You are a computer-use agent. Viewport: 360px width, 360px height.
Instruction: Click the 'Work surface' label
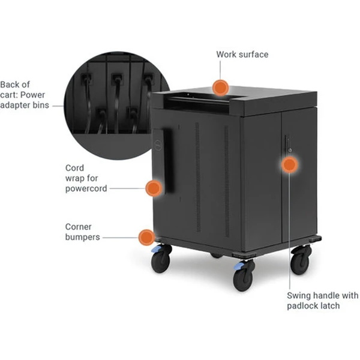pos(242,55)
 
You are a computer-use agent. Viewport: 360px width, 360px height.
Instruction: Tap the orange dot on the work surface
pos(220,88)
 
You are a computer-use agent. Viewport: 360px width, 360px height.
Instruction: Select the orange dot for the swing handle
pos(290,164)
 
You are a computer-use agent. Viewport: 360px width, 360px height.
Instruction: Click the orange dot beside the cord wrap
pos(154,188)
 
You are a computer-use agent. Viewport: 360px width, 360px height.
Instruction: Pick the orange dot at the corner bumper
pos(146,238)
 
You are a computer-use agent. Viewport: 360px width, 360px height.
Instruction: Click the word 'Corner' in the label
pos(78,227)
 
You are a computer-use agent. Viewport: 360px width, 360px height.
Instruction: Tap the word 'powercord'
pos(86,189)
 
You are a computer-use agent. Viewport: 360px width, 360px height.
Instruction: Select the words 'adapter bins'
pos(25,105)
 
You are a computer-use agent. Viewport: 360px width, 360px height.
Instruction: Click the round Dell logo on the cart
pos(157,145)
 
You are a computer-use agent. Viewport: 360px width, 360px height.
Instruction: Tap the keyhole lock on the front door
pos(290,151)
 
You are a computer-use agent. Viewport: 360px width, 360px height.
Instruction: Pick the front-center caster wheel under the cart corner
pos(244,275)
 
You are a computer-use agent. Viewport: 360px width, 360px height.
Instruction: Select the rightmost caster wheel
pos(301,260)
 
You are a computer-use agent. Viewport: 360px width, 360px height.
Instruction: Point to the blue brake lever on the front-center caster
pos(238,266)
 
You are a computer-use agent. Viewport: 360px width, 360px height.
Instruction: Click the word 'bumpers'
pos(82,237)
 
